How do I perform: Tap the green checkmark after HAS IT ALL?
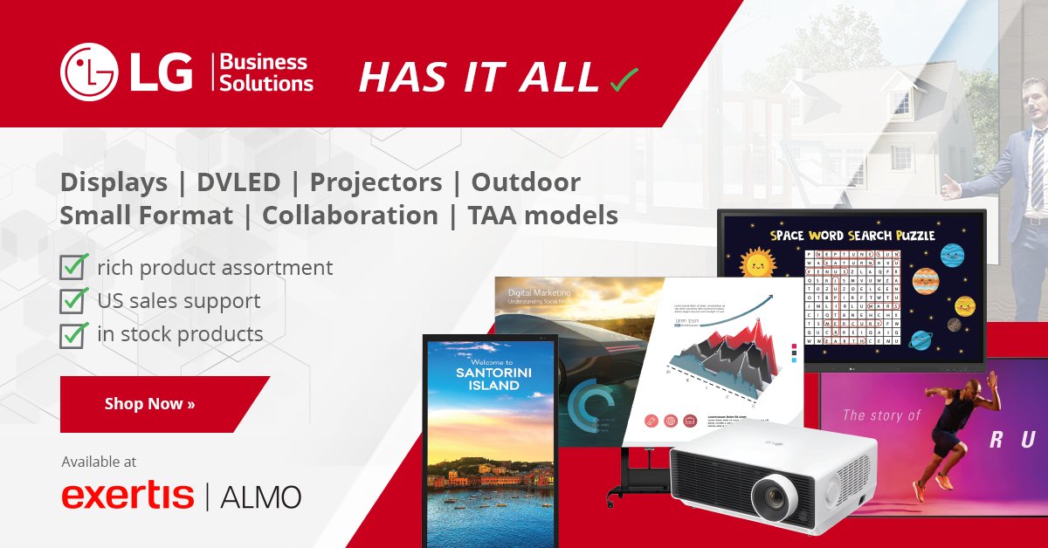coord(624,79)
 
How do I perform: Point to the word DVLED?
coord(238,182)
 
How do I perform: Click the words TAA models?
coord(542,215)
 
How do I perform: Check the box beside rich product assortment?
coord(72,267)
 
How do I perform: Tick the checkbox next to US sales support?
coord(72,300)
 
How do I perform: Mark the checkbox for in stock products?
coord(72,333)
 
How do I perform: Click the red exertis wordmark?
coord(128,496)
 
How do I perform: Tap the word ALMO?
coord(261,497)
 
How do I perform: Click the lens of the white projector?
coord(773,497)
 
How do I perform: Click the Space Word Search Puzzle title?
coord(851,235)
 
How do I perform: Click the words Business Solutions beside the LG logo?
coord(265,73)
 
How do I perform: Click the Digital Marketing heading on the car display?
coord(539,293)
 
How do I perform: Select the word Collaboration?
coord(350,215)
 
